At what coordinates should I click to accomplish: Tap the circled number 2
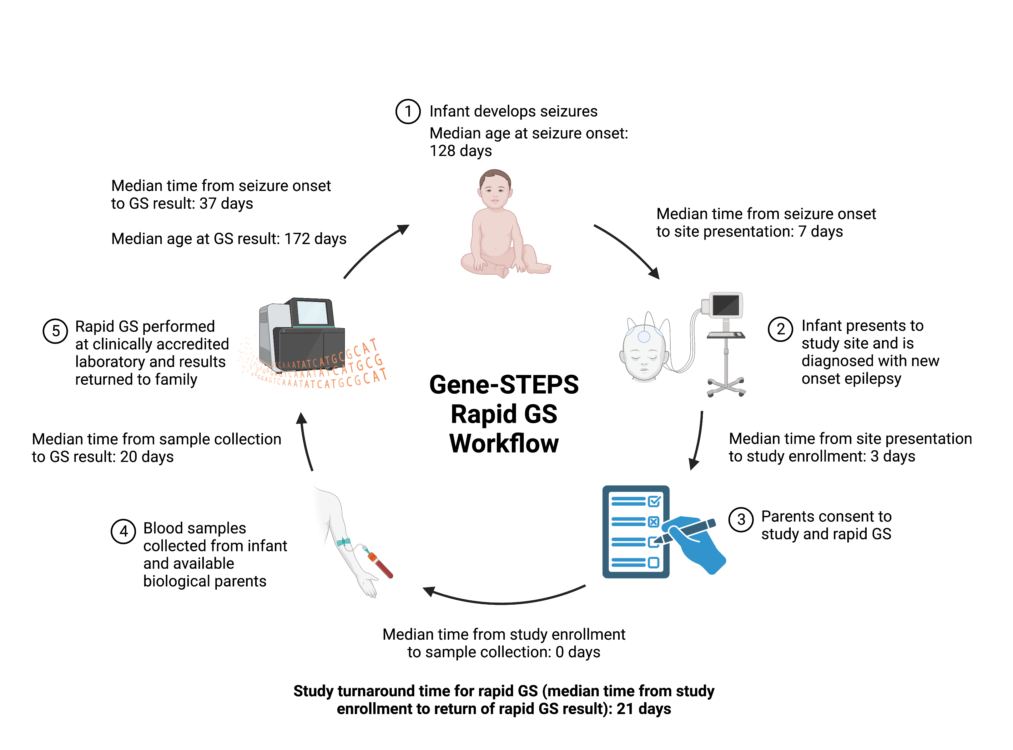coord(780,329)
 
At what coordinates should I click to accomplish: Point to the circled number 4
coord(123,531)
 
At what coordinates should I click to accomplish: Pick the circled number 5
coord(55,331)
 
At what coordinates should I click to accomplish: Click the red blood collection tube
coord(381,566)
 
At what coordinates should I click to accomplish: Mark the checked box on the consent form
coord(654,501)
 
